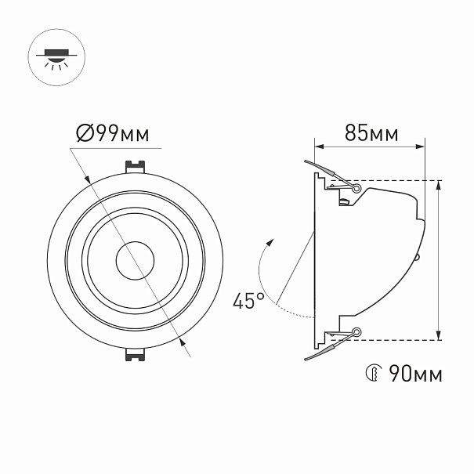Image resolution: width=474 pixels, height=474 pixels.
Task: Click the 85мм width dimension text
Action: [371, 132]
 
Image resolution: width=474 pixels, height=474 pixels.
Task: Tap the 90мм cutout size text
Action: [415, 374]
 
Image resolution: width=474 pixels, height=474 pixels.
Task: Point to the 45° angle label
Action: [248, 301]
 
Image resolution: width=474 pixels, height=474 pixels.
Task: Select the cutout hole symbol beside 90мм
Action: [374, 373]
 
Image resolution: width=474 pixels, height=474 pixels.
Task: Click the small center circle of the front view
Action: [135, 261]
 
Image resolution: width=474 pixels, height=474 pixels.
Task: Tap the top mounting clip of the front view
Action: [135, 167]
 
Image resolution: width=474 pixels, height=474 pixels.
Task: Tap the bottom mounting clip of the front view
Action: [135, 355]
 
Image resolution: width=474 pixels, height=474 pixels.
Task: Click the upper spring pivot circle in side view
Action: [356, 189]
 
